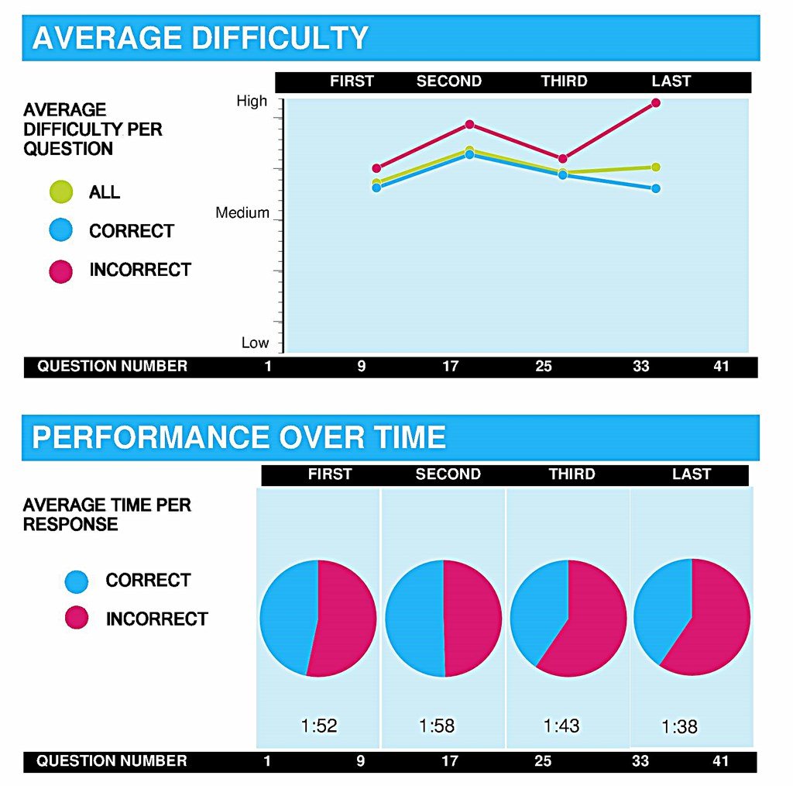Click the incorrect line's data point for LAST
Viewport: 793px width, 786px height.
pyautogui.click(x=656, y=102)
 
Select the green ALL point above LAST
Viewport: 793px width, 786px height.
pyautogui.click(x=656, y=167)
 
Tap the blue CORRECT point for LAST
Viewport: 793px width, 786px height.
pyautogui.click(x=656, y=188)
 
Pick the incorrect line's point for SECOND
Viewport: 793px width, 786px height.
pyautogui.click(x=469, y=124)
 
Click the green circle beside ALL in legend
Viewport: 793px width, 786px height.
pyautogui.click(x=60, y=191)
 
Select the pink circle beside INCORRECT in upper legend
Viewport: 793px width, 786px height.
pyautogui.click(x=60, y=271)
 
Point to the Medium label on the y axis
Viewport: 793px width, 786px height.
pyautogui.click(x=242, y=213)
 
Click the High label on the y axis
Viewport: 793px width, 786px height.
pyautogui.click(x=252, y=101)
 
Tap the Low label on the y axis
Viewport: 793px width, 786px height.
pyautogui.click(x=255, y=343)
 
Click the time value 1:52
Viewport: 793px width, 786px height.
pyautogui.click(x=319, y=726)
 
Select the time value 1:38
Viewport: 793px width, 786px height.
pyautogui.click(x=679, y=727)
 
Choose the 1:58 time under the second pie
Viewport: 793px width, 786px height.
pyautogui.click(x=437, y=726)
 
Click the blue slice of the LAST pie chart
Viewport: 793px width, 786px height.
pyautogui.click(x=660, y=608)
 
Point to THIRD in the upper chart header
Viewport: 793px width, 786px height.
pyautogui.click(x=564, y=81)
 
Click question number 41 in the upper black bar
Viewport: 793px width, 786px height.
pyautogui.click(x=721, y=366)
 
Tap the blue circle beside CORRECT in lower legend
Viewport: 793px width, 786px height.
pyautogui.click(x=77, y=581)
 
